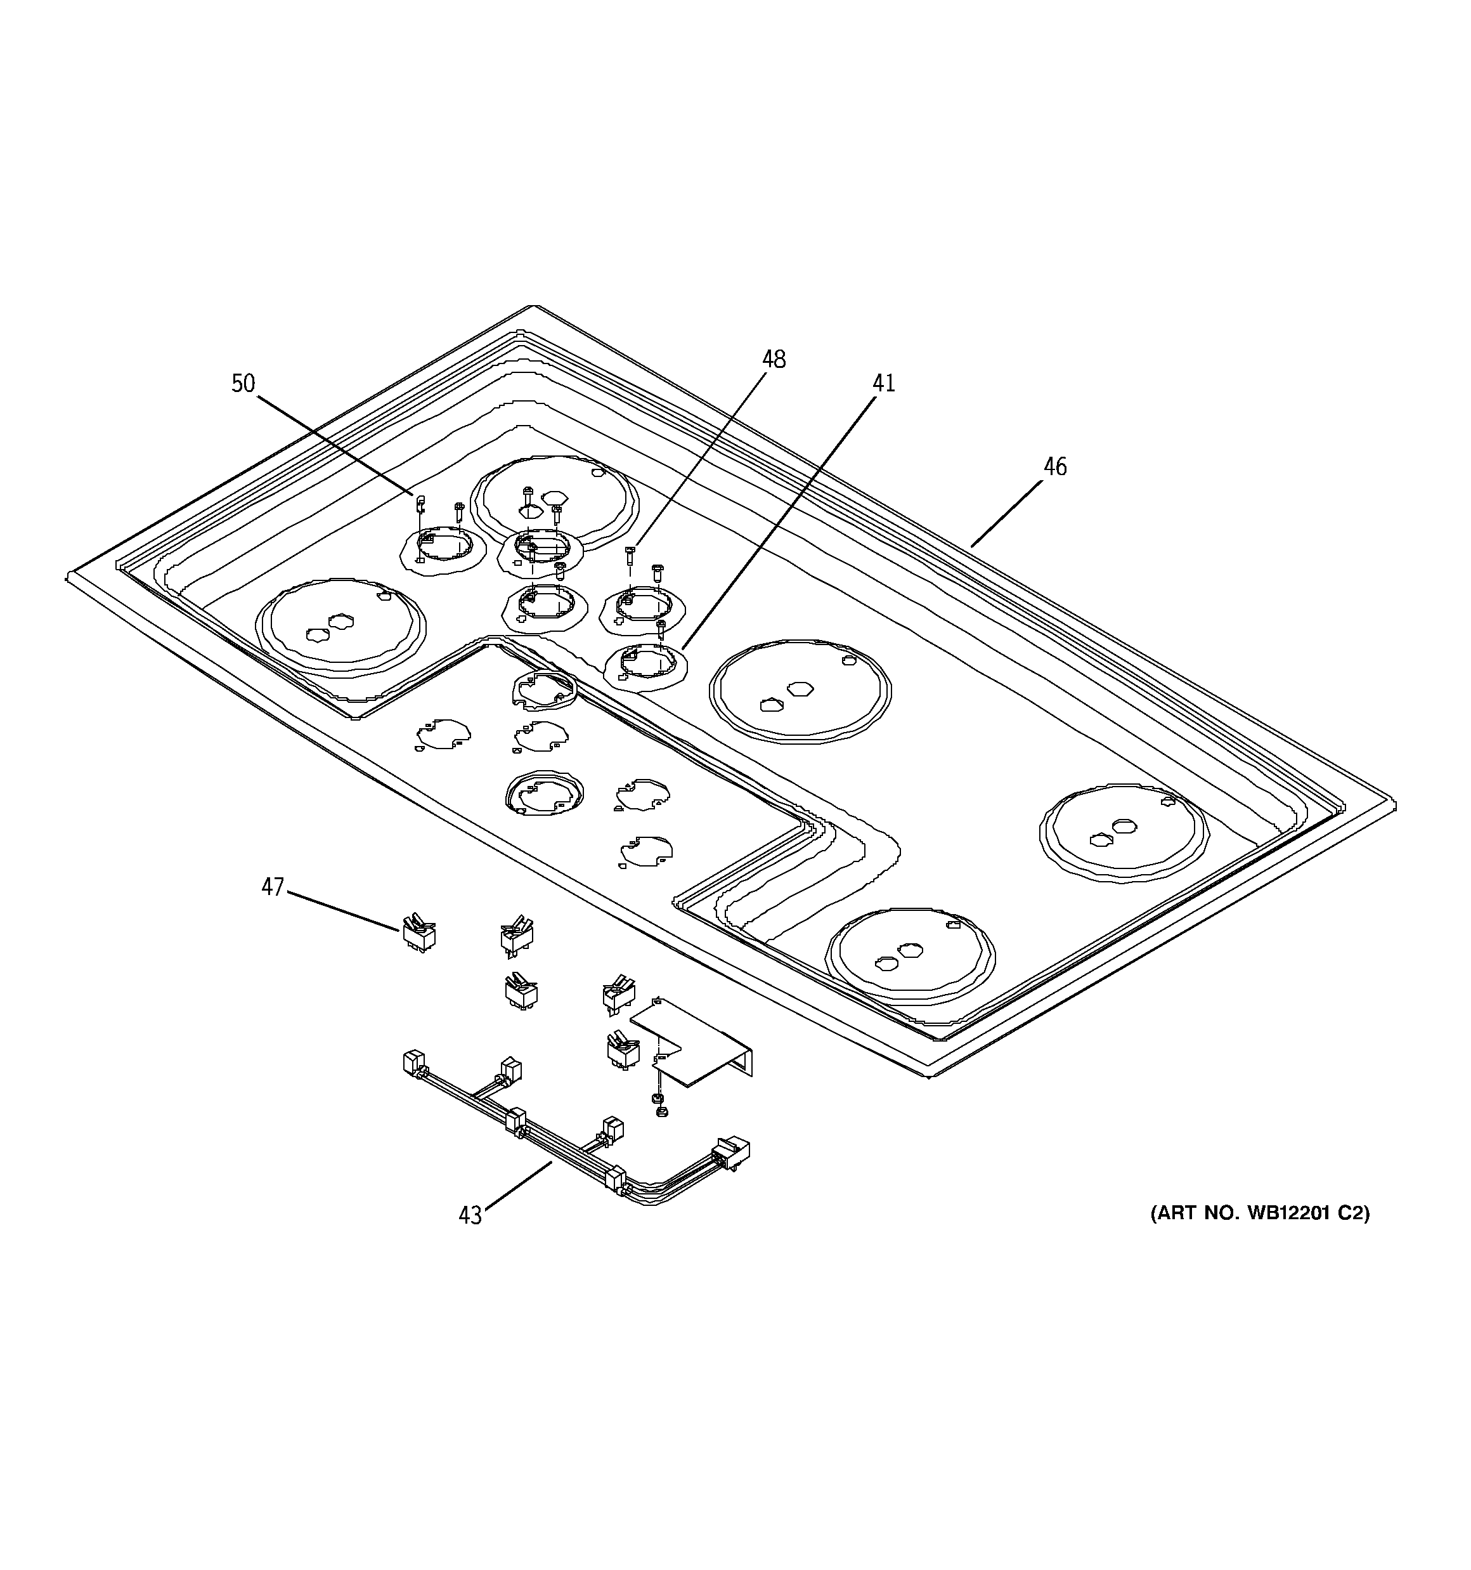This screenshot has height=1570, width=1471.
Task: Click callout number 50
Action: click(243, 384)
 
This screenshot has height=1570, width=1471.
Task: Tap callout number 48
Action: click(774, 360)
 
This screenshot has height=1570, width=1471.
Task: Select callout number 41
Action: click(883, 384)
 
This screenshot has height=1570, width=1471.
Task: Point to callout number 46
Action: click(1055, 468)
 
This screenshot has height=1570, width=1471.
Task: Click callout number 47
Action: click(273, 887)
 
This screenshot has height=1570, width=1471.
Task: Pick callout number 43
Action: click(470, 1215)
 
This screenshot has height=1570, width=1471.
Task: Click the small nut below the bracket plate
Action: click(663, 1111)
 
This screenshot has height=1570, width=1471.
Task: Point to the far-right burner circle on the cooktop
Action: click(1124, 835)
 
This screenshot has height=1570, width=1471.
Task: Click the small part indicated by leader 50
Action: click(421, 503)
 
